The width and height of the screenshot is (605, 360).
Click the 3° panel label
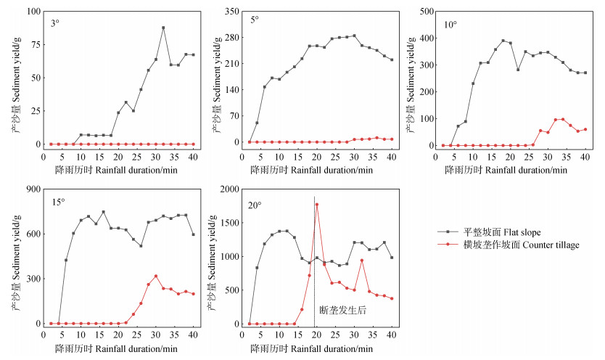tap(55, 22)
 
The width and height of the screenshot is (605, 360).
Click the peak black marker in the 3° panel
tap(163, 28)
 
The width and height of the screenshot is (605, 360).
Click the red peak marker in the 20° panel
tap(317, 205)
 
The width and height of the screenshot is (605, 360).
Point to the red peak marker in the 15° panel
tap(155, 276)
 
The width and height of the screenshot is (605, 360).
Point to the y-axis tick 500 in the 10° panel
tap(427, 12)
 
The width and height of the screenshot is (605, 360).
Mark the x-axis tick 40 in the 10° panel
tap(585, 156)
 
